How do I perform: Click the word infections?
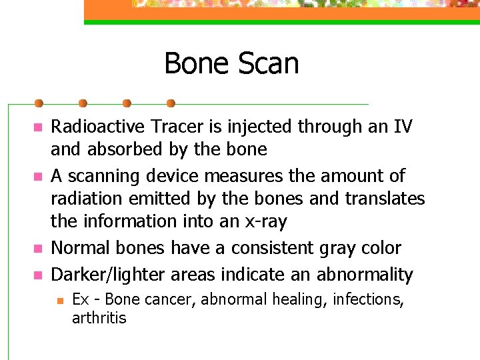point(371,299)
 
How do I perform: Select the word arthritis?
point(99,318)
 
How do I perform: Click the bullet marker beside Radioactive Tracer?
point(38,127)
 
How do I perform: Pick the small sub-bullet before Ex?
point(58,300)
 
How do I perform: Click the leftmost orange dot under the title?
point(39,103)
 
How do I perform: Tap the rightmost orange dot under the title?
point(171,103)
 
